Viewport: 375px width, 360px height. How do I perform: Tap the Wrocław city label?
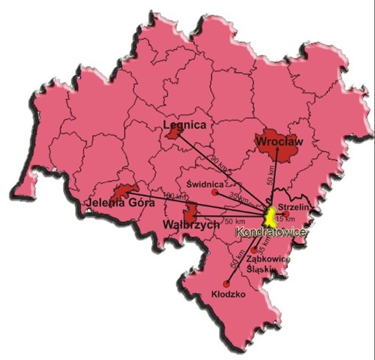coord(277,140)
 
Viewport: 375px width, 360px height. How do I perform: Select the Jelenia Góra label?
coord(114,203)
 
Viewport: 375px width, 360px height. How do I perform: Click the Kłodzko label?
coord(227,294)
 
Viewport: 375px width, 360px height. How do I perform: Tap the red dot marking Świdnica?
coord(215,192)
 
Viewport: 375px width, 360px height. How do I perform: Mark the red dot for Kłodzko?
coord(226,284)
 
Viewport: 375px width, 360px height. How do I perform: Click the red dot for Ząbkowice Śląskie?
coord(254,251)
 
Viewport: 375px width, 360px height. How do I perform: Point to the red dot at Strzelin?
coord(285,215)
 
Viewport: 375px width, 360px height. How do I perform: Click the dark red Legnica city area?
coord(174,133)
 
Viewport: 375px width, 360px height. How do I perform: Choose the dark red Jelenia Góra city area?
coord(126,192)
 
